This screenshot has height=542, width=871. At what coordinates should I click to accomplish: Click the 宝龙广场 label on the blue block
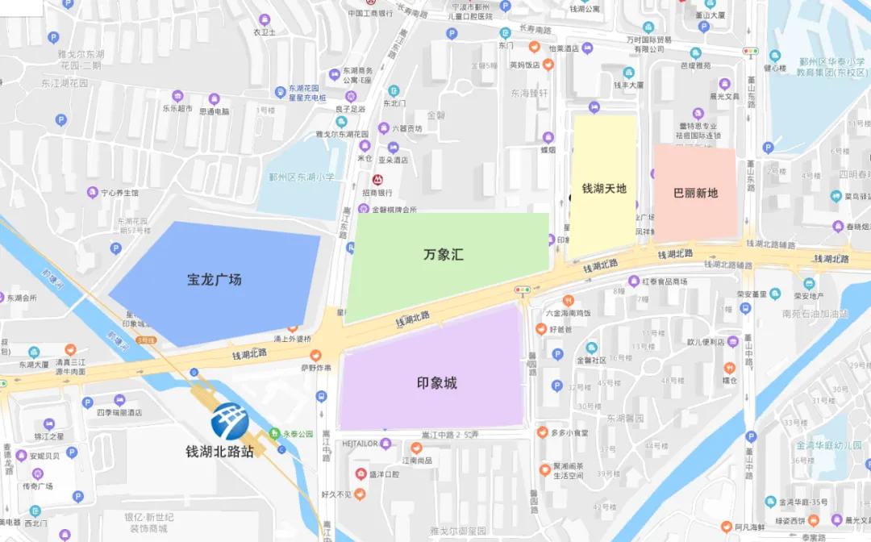214,280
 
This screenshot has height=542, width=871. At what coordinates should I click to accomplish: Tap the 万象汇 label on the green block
444,255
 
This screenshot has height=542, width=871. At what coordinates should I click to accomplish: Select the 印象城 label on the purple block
436,383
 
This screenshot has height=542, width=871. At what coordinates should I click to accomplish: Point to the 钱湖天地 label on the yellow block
604,189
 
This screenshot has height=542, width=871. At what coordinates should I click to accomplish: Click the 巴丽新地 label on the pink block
695,194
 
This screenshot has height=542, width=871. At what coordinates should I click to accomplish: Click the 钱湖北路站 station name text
219,452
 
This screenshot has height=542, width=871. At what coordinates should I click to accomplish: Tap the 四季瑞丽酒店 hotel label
119,412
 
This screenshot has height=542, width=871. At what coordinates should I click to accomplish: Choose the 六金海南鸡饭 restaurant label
569,313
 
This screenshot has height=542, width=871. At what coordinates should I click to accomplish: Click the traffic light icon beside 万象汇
523,290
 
